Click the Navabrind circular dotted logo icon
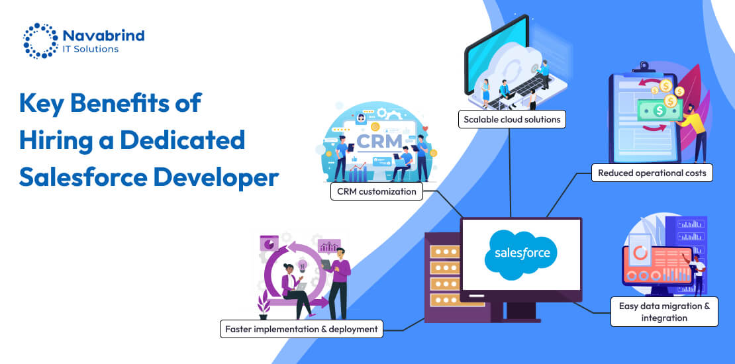pyautogui.click(x=41, y=41)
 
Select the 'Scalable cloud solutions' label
pyautogui.click(x=512, y=120)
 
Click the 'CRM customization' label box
pyautogui.click(x=376, y=191)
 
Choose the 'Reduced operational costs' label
pyautogui.click(x=652, y=173)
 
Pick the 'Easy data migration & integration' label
pyautogui.click(x=664, y=312)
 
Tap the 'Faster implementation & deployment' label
pyautogui.click(x=301, y=329)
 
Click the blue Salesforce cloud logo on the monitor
pyautogui.click(x=520, y=254)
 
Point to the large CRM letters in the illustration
pyautogui.click(x=379, y=140)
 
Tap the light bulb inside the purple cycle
pyautogui.click(x=303, y=265)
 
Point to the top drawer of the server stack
pyautogui.click(x=443, y=251)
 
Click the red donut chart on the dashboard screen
pyautogui.click(x=640, y=254)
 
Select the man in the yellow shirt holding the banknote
pyautogui.click(x=695, y=131)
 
